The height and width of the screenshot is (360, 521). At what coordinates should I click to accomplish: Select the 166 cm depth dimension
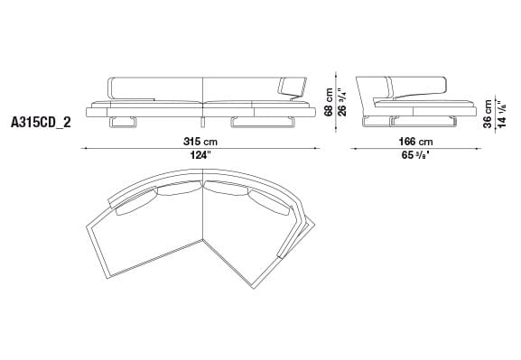413,142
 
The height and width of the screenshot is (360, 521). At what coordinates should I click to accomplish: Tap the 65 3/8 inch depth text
413,156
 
